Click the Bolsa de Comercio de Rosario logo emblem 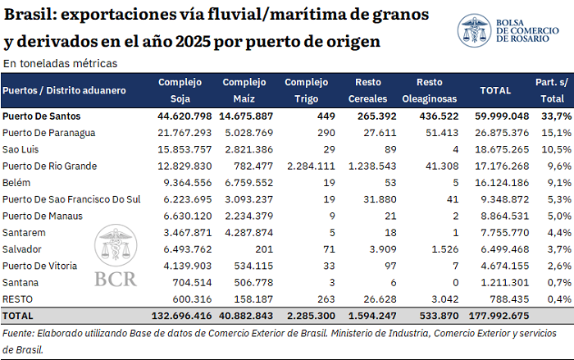474,30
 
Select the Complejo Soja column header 180,90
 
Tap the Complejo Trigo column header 306,90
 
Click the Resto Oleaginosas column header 430,90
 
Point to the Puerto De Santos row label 41,116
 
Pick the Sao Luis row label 20,149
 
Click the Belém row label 16,182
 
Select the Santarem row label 24,233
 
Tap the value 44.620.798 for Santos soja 184,116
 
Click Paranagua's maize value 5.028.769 249,133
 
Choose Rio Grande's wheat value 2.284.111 311,166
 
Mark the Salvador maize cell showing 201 264,249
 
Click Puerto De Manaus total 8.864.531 505,216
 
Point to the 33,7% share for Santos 557,116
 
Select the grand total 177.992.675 499,316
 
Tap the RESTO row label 17,299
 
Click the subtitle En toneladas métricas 60,63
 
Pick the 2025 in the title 192,41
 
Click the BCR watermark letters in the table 116,280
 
